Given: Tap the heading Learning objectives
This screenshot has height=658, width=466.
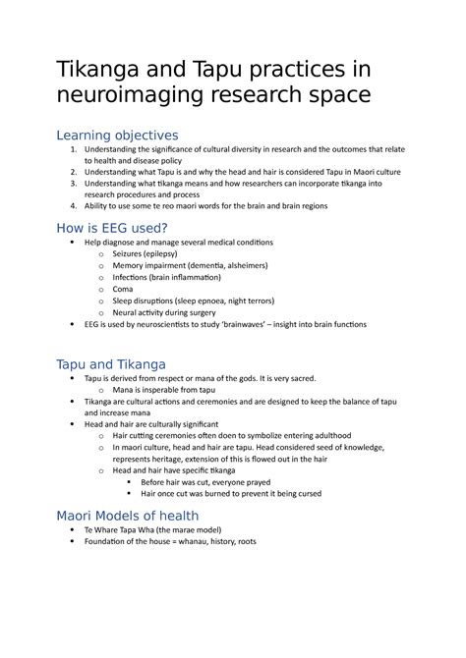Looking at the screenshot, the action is click(x=117, y=135).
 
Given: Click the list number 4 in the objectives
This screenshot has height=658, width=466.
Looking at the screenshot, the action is click(x=74, y=205).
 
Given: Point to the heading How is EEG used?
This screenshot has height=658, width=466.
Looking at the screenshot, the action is click(x=113, y=229).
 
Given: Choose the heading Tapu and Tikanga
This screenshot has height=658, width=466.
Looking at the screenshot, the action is click(x=110, y=364).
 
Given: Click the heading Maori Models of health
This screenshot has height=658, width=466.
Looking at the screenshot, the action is click(x=127, y=516).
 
